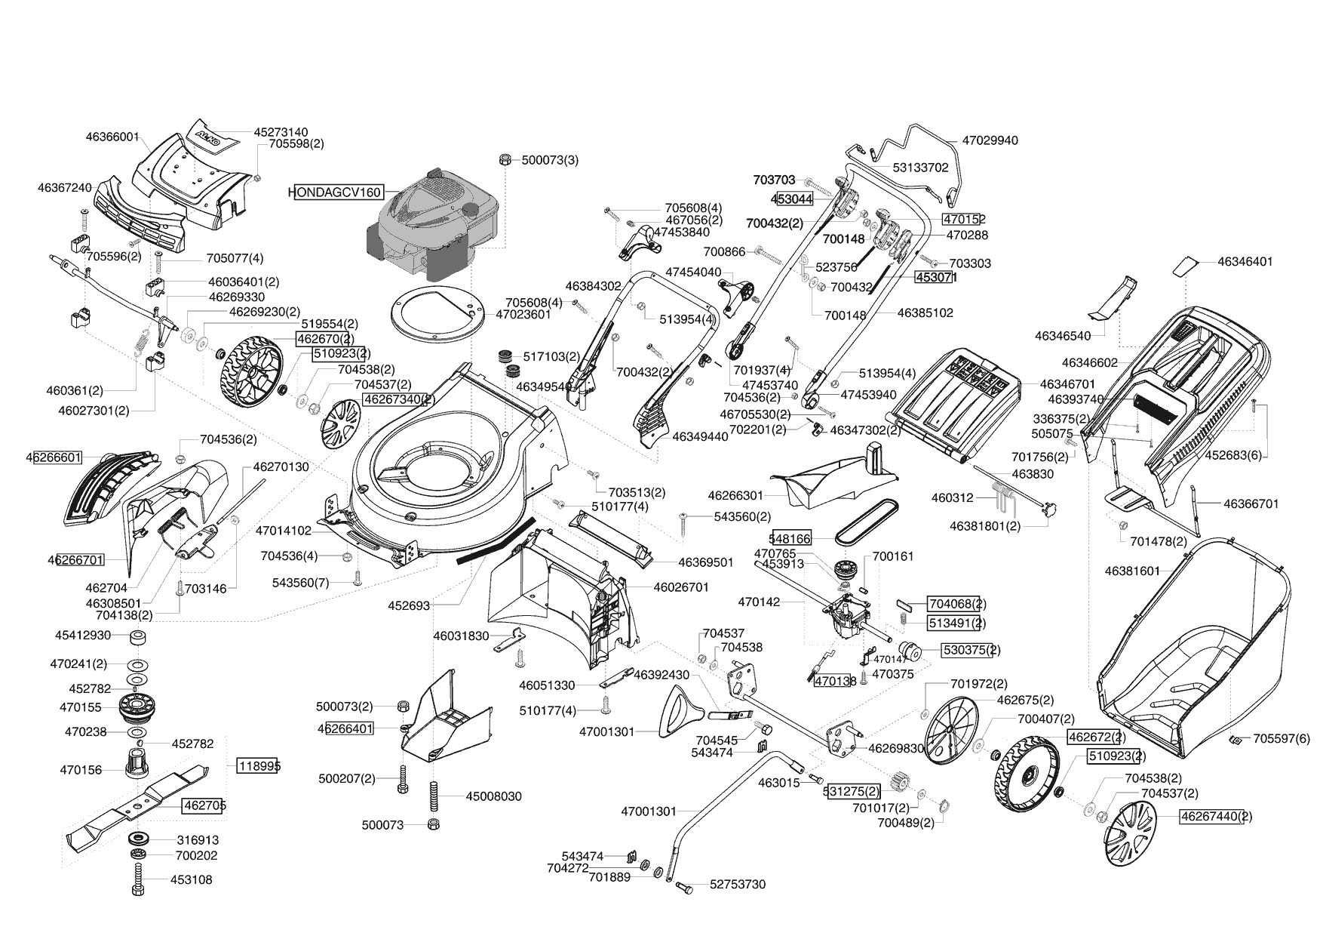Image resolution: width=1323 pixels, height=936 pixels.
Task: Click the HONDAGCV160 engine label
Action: click(336, 192)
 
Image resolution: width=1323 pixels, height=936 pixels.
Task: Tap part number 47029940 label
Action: click(990, 140)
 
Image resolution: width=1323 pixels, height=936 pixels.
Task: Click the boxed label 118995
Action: click(259, 765)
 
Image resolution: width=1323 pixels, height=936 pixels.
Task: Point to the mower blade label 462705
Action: click(205, 805)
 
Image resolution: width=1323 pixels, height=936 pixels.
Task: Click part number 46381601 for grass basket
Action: click(1132, 571)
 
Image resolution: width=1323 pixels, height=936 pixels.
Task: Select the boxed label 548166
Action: click(790, 538)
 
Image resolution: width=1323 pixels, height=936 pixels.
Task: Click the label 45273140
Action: click(281, 132)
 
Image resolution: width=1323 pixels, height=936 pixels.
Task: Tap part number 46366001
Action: click(112, 137)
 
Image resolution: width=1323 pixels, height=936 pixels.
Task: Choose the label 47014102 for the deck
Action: click(284, 531)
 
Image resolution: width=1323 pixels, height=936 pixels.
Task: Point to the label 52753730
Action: click(737, 885)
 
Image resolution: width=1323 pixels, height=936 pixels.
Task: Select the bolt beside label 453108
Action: click(138, 879)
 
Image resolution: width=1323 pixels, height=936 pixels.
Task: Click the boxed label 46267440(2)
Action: click(1215, 816)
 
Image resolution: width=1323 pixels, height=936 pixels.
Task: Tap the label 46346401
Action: click(1245, 262)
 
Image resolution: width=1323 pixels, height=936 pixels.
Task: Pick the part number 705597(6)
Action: click(1282, 739)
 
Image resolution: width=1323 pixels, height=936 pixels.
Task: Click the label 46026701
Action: click(681, 587)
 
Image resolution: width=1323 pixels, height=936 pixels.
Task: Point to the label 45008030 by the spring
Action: click(493, 796)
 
